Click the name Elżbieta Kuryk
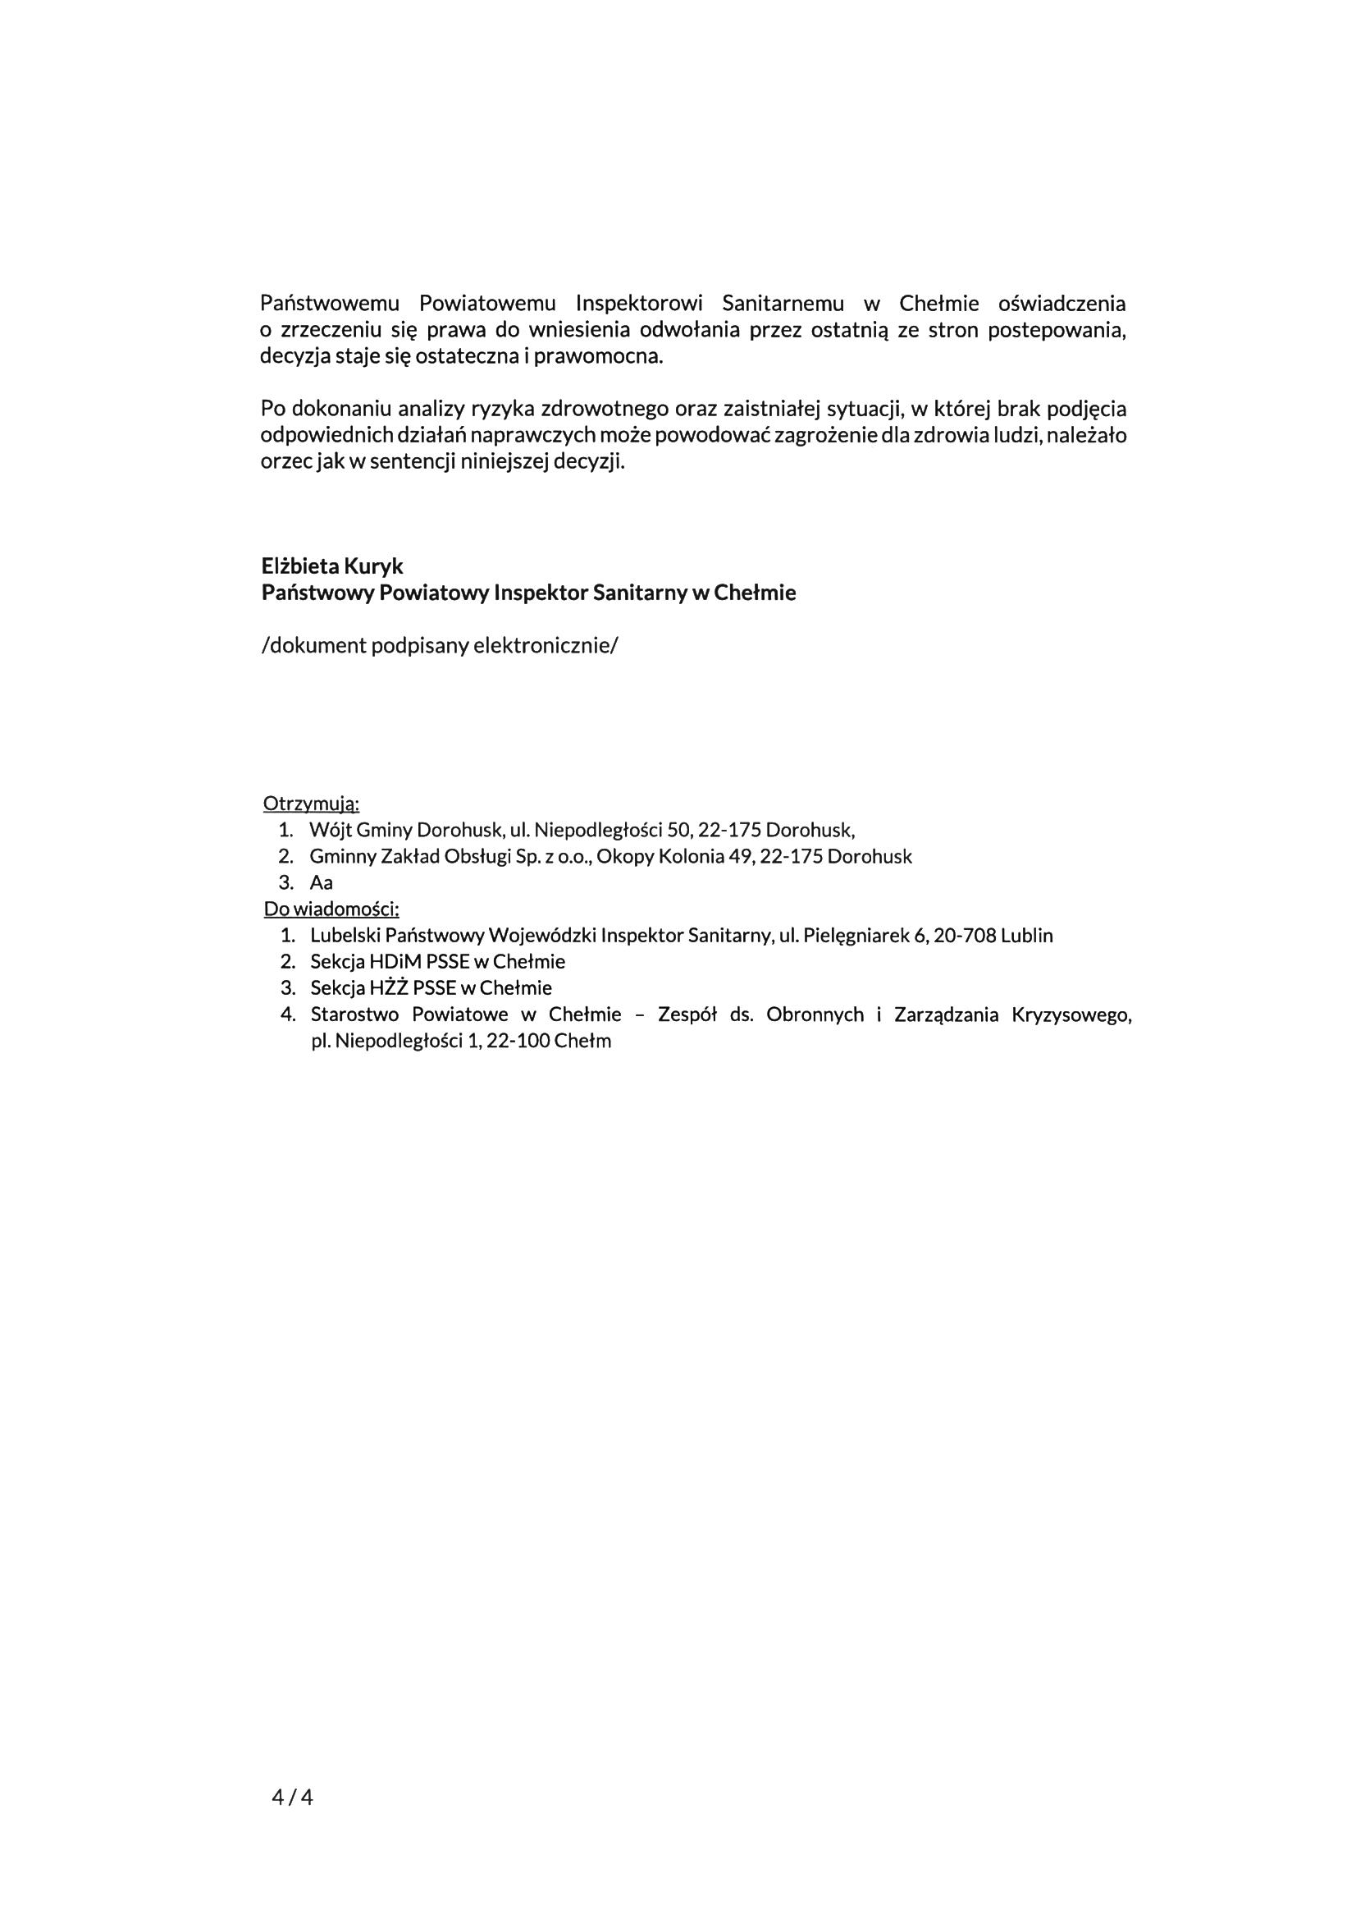point(331,566)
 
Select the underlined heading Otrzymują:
point(311,804)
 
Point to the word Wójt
point(330,830)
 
